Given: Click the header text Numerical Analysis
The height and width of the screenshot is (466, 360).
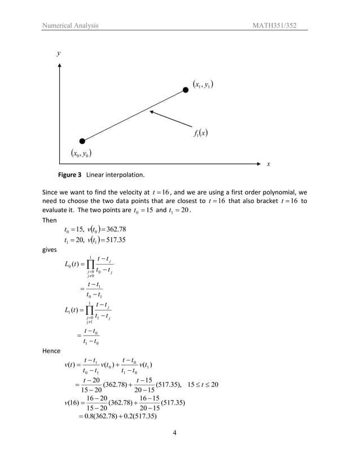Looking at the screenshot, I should pos(71,25).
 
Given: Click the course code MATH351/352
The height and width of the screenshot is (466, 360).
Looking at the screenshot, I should pos(281,25).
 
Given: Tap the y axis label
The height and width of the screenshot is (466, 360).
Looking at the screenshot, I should pos(58,54).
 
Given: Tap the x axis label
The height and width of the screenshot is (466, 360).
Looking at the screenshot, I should pos(268,164).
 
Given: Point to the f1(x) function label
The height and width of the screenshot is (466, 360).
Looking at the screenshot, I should pos(200,134).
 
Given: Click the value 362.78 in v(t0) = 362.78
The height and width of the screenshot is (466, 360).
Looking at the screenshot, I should pos(113,229).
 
